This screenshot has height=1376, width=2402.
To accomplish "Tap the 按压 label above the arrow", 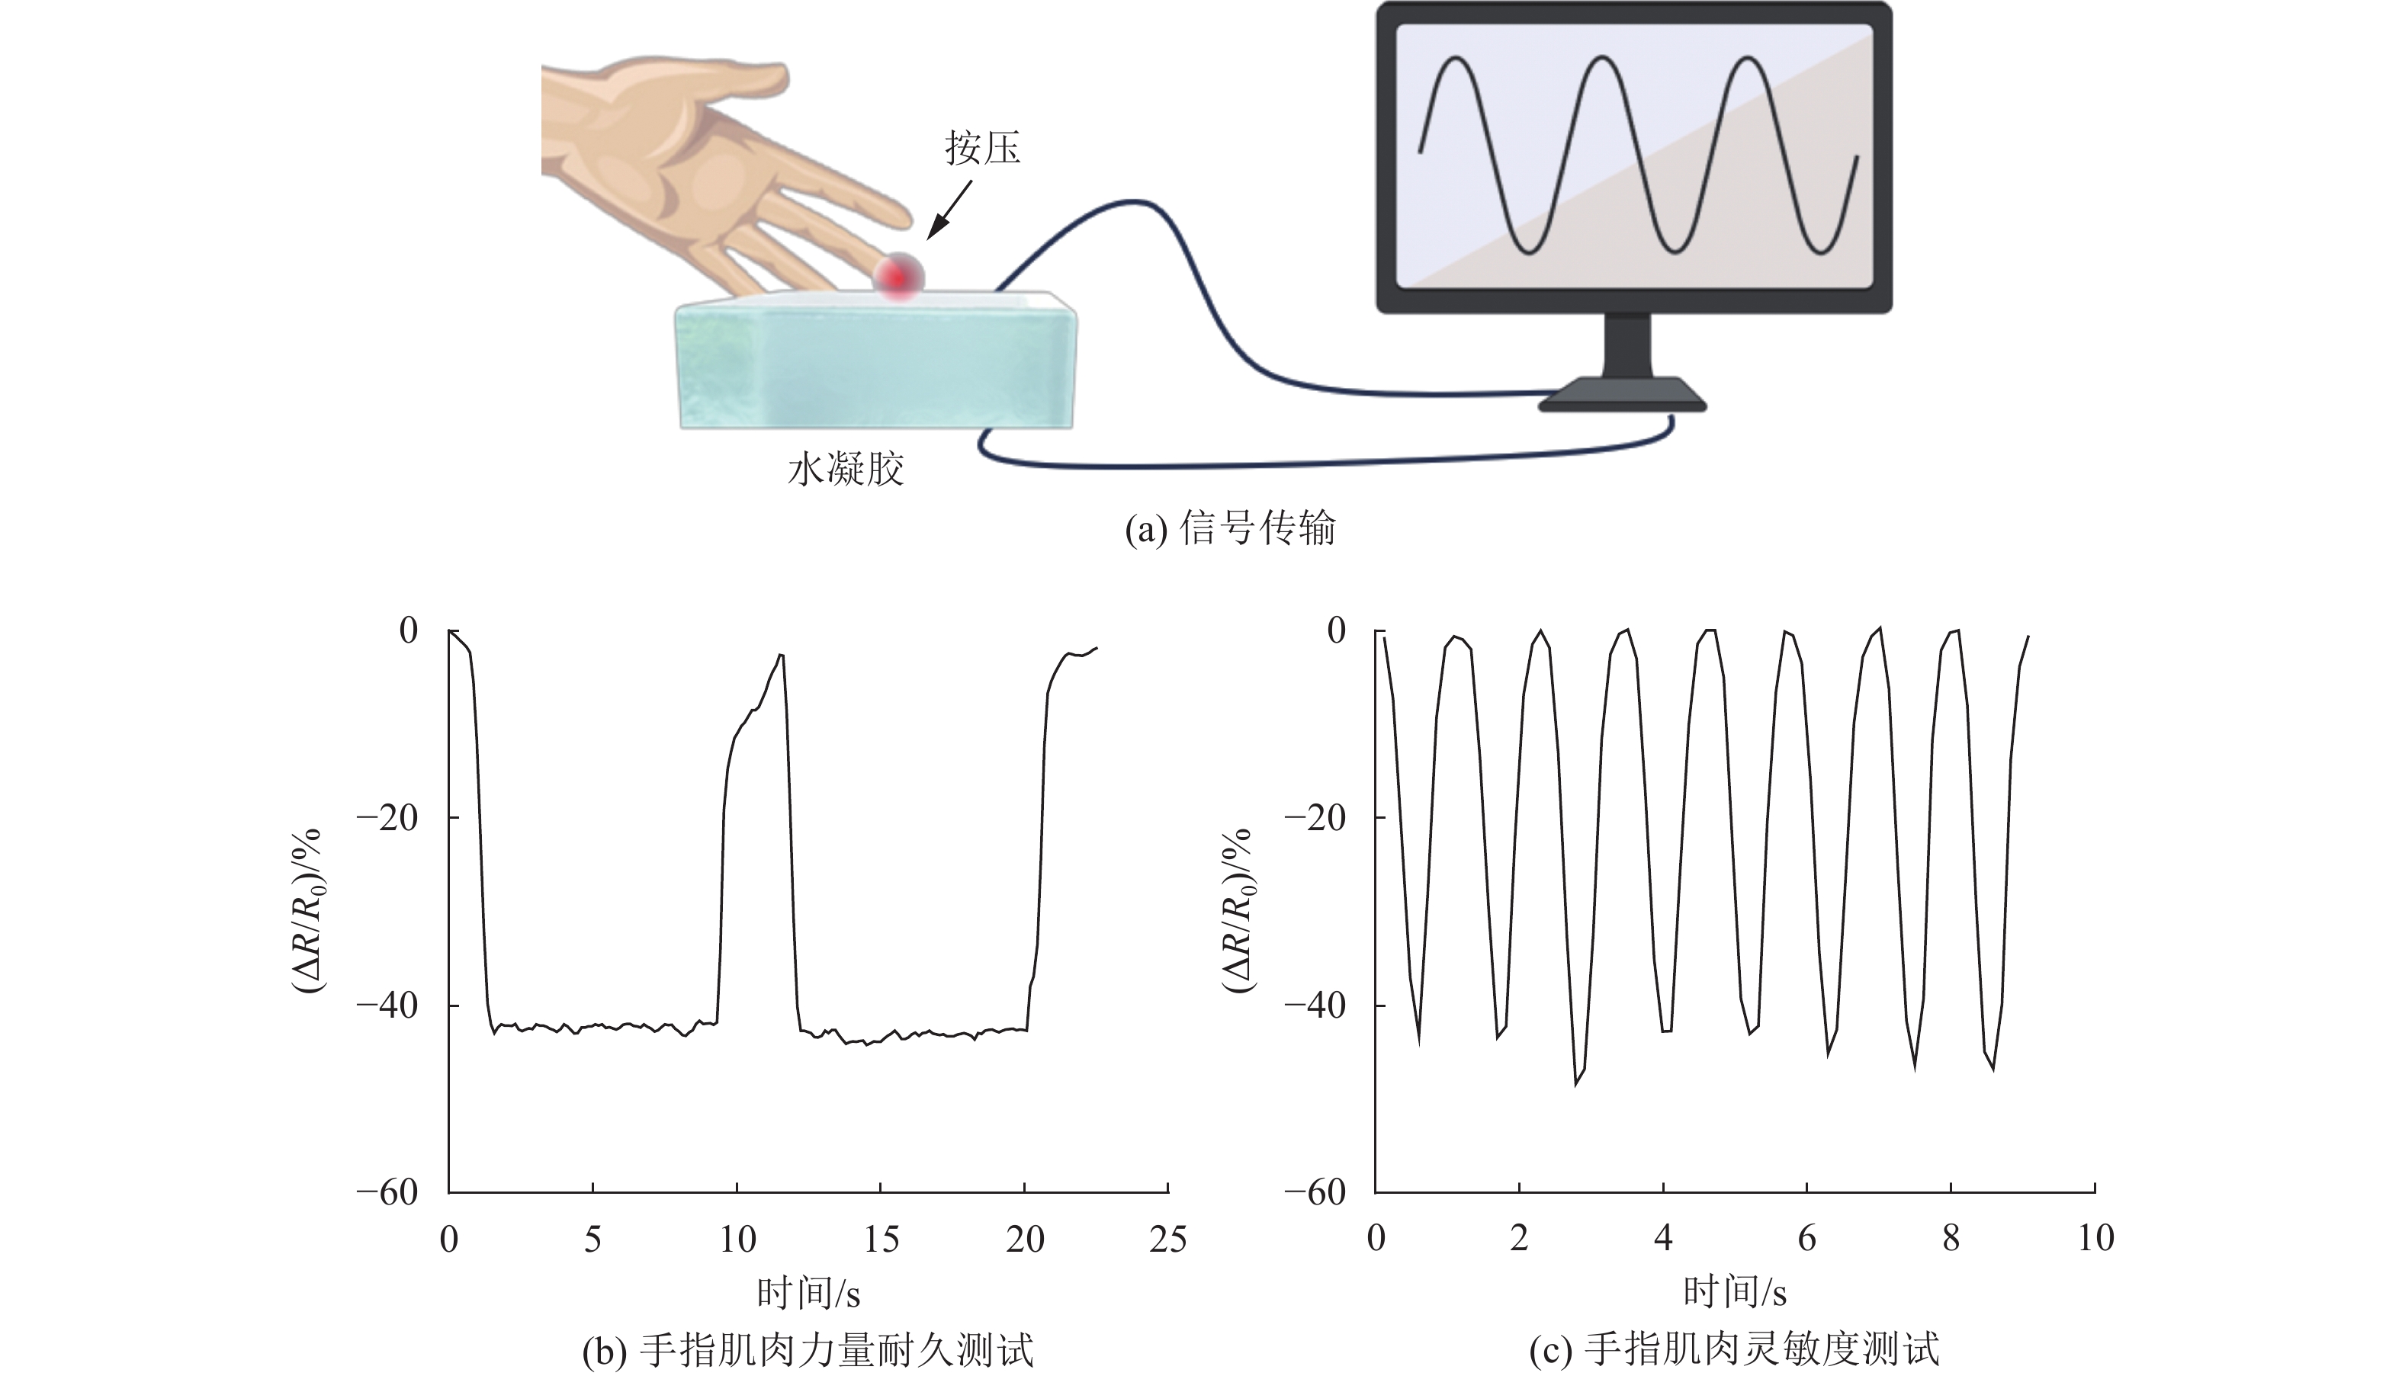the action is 982,149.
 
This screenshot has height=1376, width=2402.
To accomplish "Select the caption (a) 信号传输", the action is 1230,528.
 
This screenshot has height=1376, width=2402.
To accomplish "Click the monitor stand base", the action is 1621,395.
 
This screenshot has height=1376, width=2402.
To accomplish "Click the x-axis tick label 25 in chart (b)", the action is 1168,1239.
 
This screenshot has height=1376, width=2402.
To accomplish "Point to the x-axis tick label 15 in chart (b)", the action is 880,1239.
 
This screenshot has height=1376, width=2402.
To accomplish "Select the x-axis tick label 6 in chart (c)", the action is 1806,1239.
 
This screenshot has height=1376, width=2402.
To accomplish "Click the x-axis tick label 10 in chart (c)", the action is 2095,1239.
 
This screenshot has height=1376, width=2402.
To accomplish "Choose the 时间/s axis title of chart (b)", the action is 808,1293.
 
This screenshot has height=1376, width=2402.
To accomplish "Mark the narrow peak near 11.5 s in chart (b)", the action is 781,654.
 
